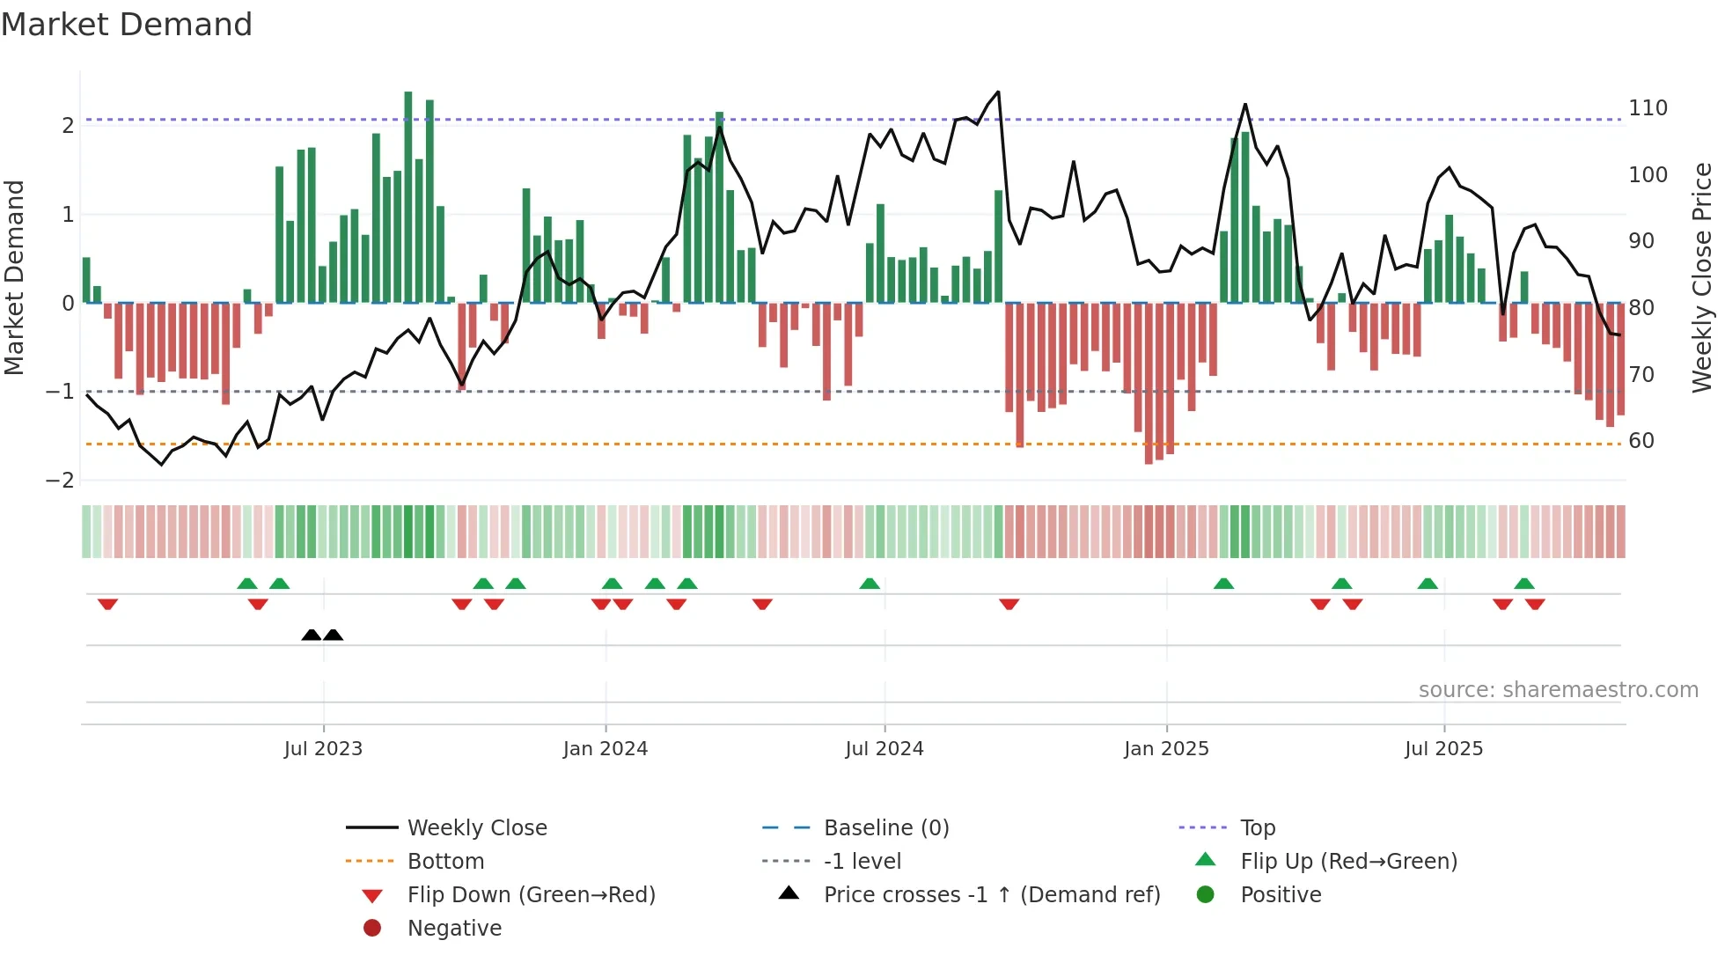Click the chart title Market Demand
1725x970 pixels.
click(x=127, y=25)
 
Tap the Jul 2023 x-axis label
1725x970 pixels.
click(x=323, y=749)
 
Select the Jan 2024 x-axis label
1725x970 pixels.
click(x=606, y=749)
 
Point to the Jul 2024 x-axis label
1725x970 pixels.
click(x=885, y=749)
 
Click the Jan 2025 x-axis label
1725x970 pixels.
click(x=1166, y=749)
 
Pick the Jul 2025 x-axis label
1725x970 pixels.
click(x=1443, y=749)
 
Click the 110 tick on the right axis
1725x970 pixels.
click(x=1648, y=108)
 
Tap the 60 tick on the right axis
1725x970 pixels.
click(x=1641, y=441)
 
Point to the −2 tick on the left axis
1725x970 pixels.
click(x=61, y=481)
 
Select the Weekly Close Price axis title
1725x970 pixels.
click(x=1702, y=277)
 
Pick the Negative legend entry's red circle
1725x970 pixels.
click(x=372, y=929)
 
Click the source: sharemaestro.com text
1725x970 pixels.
click(x=1558, y=690)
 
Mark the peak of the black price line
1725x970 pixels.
click(x=998, y=92)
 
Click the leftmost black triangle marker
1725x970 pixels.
click(x=312, y=636)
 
